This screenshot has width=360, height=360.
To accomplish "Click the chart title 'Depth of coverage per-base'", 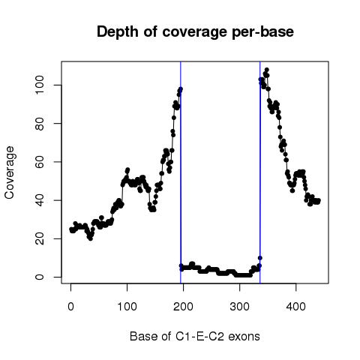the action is click(x=195, y=32).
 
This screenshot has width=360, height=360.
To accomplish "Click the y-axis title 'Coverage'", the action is click(x=9, y=172).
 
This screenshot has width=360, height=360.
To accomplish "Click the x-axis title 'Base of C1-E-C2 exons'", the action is click(x=195, y=336).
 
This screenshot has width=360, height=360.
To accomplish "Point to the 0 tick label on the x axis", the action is click(x=70, y=307).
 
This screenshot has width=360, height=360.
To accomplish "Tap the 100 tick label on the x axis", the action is click(x=127, y=307).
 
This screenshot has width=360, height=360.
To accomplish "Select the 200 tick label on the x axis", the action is click(x=183, y=307).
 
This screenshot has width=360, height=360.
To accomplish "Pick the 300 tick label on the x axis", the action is click(x=239, y=307).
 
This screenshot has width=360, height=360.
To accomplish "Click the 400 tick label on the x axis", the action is click(x=296, y=307).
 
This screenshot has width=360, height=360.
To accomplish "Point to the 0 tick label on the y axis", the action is click(x=40, y=277).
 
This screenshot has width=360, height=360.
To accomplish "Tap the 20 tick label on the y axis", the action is click(x=40, y=238).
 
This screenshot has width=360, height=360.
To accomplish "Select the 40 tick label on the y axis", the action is click(x=40, y=200).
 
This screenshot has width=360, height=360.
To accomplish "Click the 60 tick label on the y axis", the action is click(x=40, y=162).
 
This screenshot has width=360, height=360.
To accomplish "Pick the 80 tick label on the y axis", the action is click(x=40, y=124).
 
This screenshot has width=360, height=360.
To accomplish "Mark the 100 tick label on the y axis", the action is click(x=40, y=85).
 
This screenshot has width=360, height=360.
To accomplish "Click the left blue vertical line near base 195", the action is click(x=181, y=172).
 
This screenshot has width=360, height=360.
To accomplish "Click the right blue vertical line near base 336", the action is click(x=260, y=172).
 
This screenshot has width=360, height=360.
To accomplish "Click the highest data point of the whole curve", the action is click(x=267, y=70).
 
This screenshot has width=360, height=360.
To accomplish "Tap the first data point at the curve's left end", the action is click(x=71, y=229).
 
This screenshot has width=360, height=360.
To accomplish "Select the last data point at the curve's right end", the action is click(x=318, y=200).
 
